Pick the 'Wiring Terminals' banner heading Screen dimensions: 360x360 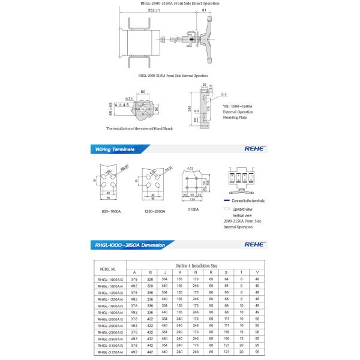tap(115, 149)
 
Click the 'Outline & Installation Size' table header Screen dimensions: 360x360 tap(196, 265)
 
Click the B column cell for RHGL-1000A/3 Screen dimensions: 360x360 tap(150, 279)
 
